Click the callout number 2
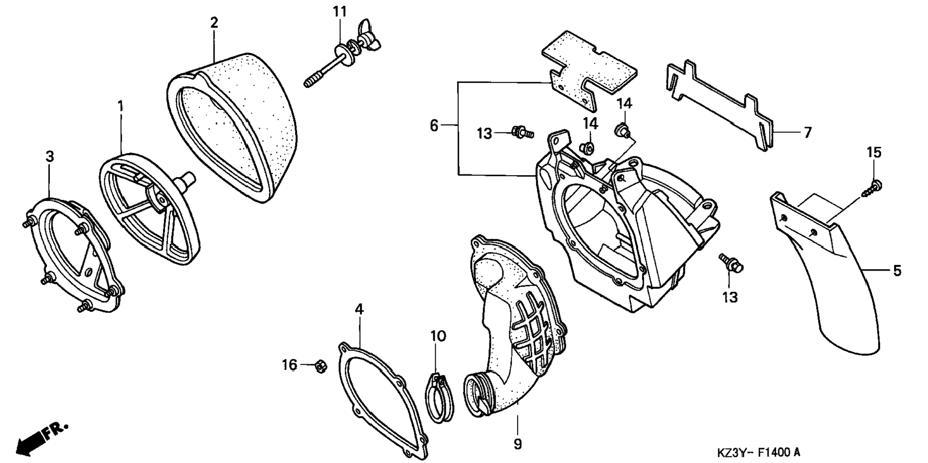tap(214, 22)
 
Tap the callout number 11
tap(340, 12)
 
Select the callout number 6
tap(434, 126)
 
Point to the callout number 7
tap(808, 132)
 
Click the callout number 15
tap(874, 153)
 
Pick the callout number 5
tap(897, 271)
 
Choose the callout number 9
tap(517, 444)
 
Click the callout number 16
tap(289, 366)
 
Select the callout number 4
tap(359, 309)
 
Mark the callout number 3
tap(49, 156)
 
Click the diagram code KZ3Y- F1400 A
tap(758, 452)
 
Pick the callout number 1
tap(120, 106)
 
